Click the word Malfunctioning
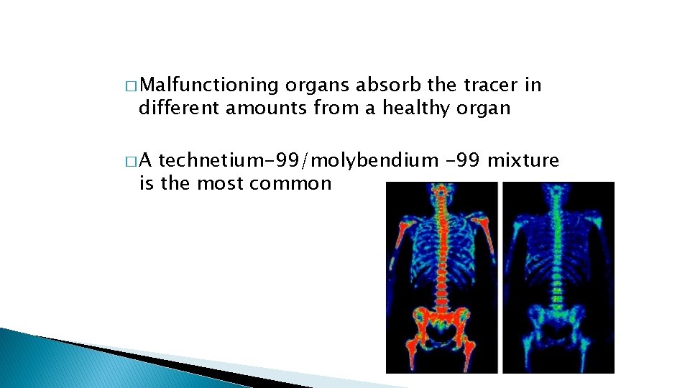(208, 86)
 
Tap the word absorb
(394, 85)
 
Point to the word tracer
(492, 85)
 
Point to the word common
(290, 183)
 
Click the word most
(221, 183)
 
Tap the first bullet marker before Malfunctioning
(129, 86)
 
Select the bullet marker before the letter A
(129, 161)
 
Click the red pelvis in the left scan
(441, 323)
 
